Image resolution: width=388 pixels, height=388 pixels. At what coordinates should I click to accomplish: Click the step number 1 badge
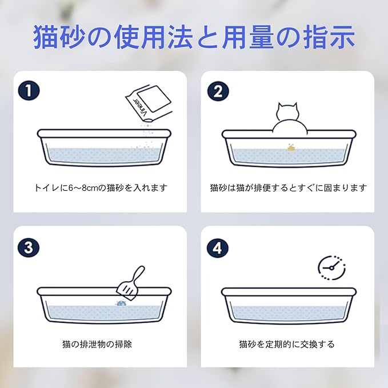click(x=29, y=90)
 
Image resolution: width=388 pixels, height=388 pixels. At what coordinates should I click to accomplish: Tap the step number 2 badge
click(x=218, y=91)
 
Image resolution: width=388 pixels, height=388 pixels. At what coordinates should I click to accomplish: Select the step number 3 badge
click(x=29, y=247)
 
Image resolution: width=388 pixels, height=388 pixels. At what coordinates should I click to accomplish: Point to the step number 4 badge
click(x=218, y=247)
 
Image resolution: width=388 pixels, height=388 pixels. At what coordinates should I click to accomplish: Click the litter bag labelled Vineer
click(x=149, y=103)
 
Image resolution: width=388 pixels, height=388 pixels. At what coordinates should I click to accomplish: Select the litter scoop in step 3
click(x=131, y=284)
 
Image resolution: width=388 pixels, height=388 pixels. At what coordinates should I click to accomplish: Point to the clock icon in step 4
click(x=331, y=268)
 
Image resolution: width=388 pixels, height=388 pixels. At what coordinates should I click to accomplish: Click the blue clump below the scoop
click(x=121, y=303)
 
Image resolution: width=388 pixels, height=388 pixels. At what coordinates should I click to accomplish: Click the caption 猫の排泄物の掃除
click(x=97, y=344)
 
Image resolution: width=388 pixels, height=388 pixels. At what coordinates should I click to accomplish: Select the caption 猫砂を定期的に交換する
click(x=287, y=344)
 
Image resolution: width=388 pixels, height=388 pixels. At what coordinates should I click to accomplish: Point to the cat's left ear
click(x=281, y=106)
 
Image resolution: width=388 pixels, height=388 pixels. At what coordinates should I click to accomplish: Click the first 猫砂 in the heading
click(x=59, y=38)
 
